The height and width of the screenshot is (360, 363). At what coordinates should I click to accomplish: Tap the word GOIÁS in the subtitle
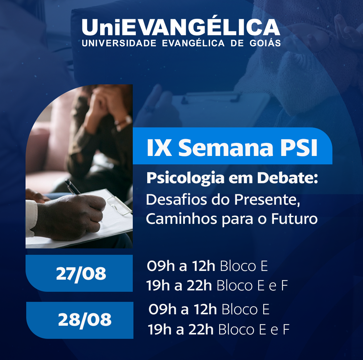click(265, 43)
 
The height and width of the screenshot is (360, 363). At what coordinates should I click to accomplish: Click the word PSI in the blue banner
click(299, 148)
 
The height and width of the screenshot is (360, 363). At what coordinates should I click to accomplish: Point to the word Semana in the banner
click(226, 148)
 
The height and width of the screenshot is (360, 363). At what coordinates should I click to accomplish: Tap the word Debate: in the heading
click(287, 177)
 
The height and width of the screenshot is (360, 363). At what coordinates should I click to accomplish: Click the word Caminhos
click(182, 218)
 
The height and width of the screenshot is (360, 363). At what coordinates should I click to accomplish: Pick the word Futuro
click(294, 218)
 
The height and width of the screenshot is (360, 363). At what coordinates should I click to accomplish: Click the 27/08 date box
click(79, 273)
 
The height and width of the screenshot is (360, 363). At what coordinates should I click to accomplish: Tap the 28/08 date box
click(80, 320)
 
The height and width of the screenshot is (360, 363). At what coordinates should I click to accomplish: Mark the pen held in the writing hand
click(73, 187)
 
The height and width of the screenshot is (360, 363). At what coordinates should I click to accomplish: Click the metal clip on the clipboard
click(119, 205)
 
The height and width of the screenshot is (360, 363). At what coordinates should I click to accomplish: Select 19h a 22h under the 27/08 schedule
click(179, 285)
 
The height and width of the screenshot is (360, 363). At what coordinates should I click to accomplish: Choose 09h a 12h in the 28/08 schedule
click(183, 309)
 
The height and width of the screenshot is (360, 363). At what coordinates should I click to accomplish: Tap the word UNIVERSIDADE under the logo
click(119, 43)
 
